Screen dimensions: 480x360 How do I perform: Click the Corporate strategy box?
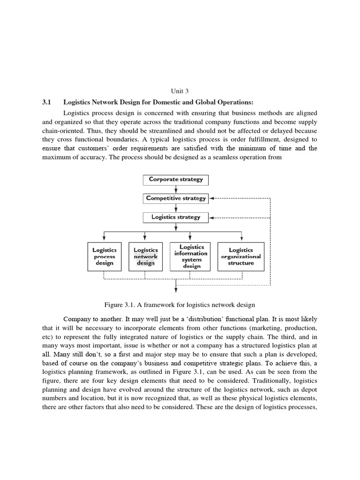point(175,180)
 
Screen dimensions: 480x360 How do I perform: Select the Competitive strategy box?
point(175,198)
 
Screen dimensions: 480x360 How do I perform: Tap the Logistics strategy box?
point(175,217)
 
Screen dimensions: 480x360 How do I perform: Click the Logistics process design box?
point(105,256)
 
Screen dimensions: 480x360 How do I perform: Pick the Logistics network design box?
point(146,256)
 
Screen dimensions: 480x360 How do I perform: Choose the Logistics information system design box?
point(191,256)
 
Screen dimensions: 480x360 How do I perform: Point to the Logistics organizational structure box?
point(241,256)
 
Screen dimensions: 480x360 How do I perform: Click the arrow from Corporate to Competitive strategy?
point(175,189)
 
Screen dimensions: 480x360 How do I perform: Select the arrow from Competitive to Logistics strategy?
point(175,208)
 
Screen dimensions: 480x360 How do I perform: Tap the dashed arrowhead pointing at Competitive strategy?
point(211,198)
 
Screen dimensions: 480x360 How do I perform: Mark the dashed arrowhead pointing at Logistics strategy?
point(211,217)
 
